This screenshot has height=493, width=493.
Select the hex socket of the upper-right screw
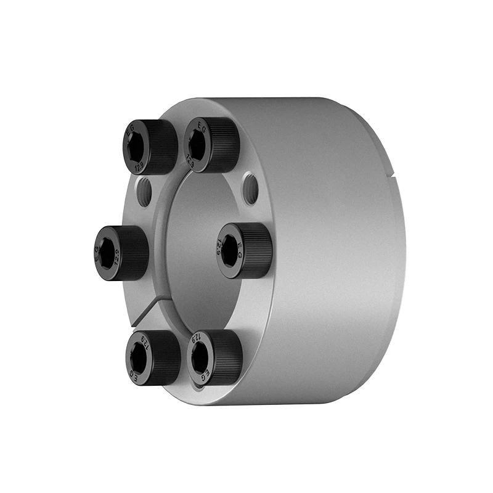[x=196, y=145]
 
